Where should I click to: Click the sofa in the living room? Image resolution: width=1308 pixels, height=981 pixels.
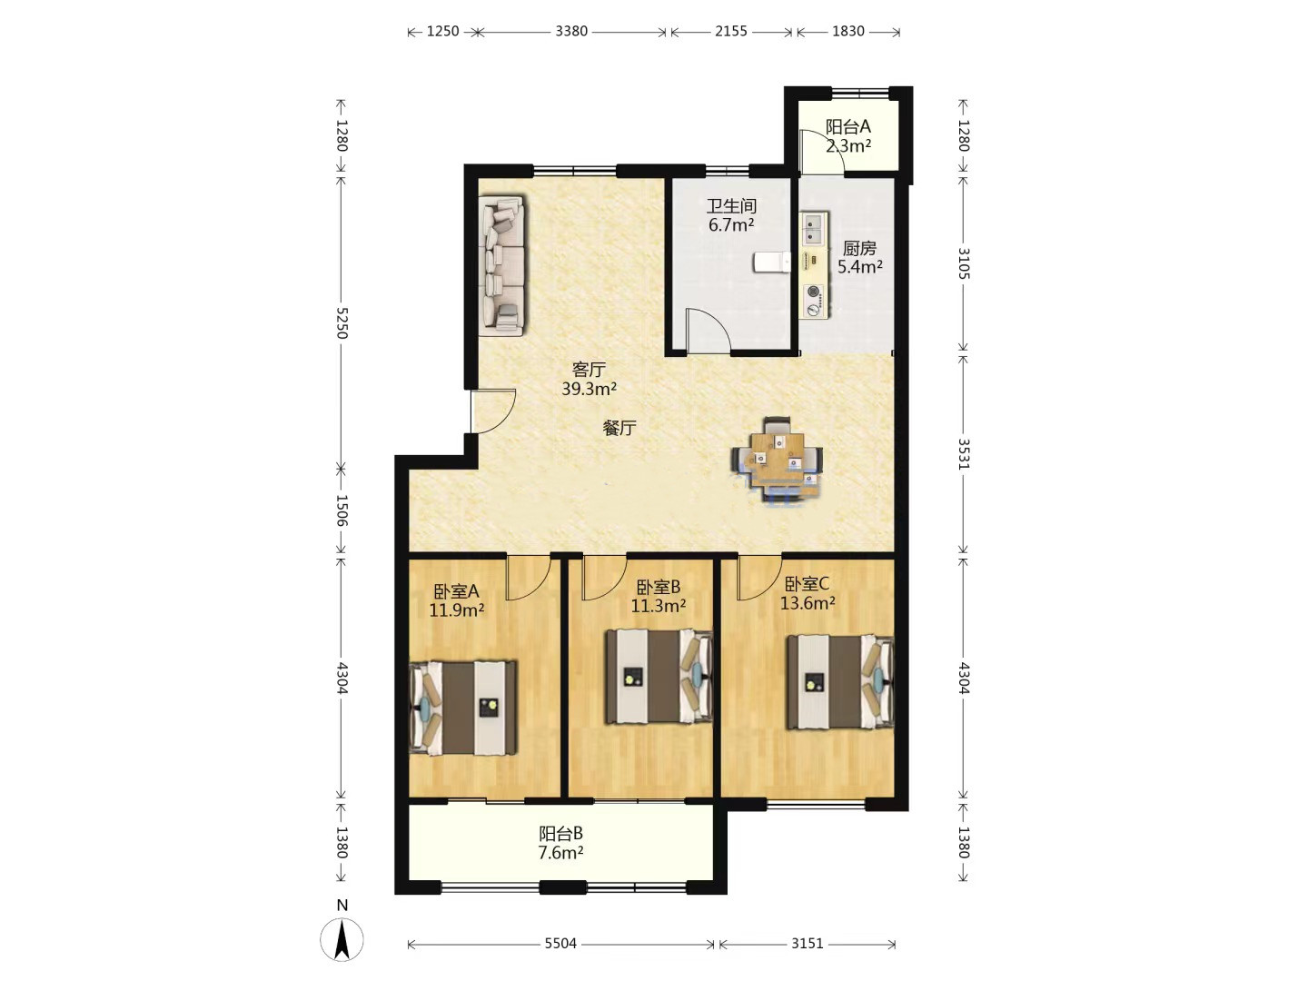[501, 265]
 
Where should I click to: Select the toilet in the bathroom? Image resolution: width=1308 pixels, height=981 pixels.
[772, 263]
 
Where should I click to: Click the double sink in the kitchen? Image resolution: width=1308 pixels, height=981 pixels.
[812, 227]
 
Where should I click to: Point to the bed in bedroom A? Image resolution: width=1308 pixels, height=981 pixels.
[463, 708]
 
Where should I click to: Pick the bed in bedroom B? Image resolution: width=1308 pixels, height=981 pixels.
[659, 677]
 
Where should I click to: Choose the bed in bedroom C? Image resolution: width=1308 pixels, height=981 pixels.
[840, 682]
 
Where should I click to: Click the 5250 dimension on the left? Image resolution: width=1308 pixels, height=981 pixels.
[342, 322]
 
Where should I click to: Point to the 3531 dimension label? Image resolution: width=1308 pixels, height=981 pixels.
[964, 454]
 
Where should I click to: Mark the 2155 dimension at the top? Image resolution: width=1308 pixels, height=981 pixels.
[731, 31]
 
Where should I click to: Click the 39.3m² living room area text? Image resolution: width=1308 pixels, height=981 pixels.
[589, 390]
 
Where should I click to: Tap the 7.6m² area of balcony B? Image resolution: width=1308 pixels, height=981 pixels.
[560, 853]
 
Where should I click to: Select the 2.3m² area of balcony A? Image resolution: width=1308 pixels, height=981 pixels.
[848, 146]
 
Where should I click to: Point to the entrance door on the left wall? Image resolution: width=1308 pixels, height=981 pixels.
[493, 411]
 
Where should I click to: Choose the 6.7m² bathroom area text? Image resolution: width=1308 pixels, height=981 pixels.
[731, 226]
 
